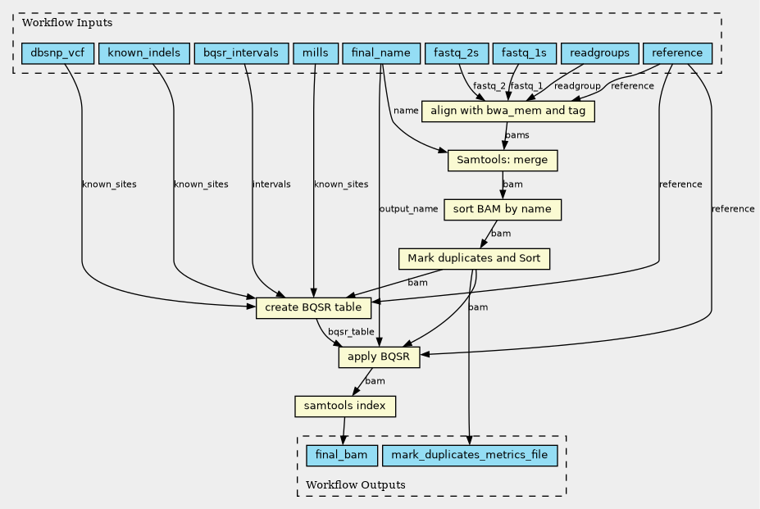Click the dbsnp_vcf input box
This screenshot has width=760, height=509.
pyautogui.click(x=57, y=53)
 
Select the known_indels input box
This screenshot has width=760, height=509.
pyautogui.click(x=144, y=53)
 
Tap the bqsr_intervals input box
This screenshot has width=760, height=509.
pyautogui.click(x=241, y=53)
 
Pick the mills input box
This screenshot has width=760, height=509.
pyautogui.click(x=316, y=53)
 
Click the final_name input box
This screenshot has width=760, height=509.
pyautogui.click(x=381, y=53)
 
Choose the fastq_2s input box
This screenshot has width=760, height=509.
pyautogui.click(x=457, y=53)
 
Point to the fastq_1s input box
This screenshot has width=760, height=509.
pyautogui.click(x=525, y=53)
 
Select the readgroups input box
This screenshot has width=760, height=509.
pyautogui.click(x=600, y=53)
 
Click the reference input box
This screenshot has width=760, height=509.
pyautogui.click(x=677, y=53)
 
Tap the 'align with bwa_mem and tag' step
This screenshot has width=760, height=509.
pyautogui.click(x=508, y=111)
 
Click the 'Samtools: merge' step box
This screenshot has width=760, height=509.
pyautogui.click(x=503, y=161)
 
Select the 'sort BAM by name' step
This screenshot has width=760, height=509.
pyautogui.click(x=503, y=210)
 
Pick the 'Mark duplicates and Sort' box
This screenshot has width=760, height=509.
pyautogui.click(x=474, y=259)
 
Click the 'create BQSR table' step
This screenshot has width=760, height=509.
pyautogui.click(x=314, y=308)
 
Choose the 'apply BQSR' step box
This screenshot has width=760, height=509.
pyautogui.click(x=379, y=357)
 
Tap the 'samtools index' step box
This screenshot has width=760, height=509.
pyautogui.click(x=345, y=407)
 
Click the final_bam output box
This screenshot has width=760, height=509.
pyautogui.click(x=342, y=456)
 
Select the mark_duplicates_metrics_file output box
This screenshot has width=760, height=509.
pyautogui.click(x=470, y=456)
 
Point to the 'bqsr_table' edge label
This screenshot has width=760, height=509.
pyautogui.click(x=351, y=332)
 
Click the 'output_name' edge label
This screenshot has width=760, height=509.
pyautogui.click(x=408, y=209)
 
